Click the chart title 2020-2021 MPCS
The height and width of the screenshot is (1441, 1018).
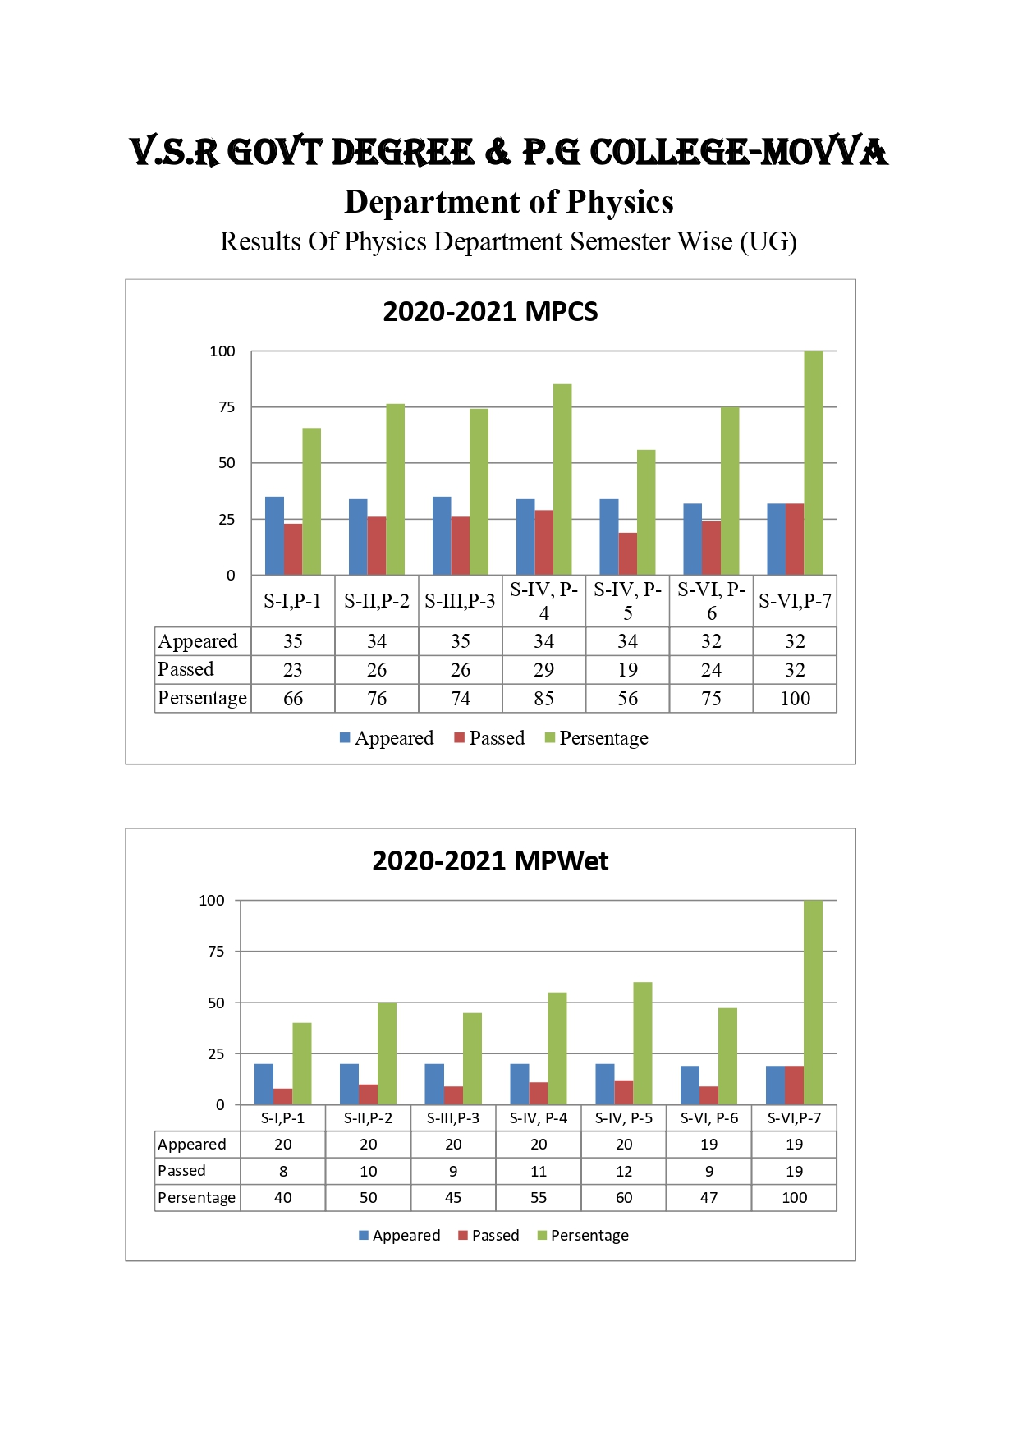click(x=490, y=312)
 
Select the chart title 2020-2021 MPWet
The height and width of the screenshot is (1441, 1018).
click(x=490, y=860)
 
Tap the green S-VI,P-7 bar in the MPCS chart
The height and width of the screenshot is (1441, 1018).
click(x=814, y=463)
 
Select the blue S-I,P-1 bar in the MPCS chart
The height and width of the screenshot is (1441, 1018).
click(x=274, y=535)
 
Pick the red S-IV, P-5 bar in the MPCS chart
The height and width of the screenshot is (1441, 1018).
click(x=627, y=553)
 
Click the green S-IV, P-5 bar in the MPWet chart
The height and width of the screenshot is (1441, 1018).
click(x=643, y=1043)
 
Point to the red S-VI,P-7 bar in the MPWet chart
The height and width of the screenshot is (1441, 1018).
click(x=794, y=1085)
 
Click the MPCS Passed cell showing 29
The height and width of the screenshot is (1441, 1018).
click(x=543, y=670)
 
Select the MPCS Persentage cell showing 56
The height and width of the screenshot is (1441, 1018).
click(x=627, y=699)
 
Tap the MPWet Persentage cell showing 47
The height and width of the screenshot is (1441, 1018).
click(x=708, y=1198)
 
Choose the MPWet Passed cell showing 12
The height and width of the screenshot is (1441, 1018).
click(x=624, y=1172)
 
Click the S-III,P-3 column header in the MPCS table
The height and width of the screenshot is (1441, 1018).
click(x=460, y=601)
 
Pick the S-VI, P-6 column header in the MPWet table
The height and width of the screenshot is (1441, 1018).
click(x=709, y=1118)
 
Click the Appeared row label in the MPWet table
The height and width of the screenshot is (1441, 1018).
click(x=191, y=1145)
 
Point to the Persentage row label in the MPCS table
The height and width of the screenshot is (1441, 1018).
click(x=202, y=699)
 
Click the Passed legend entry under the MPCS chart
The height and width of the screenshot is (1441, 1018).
click(x=490, y=738)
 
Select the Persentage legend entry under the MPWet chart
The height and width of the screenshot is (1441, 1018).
click(x=583, y=1236)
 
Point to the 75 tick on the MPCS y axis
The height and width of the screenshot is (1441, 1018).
click(x=227, y=407)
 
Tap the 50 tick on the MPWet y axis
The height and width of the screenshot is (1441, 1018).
click(x=216, y=1003)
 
